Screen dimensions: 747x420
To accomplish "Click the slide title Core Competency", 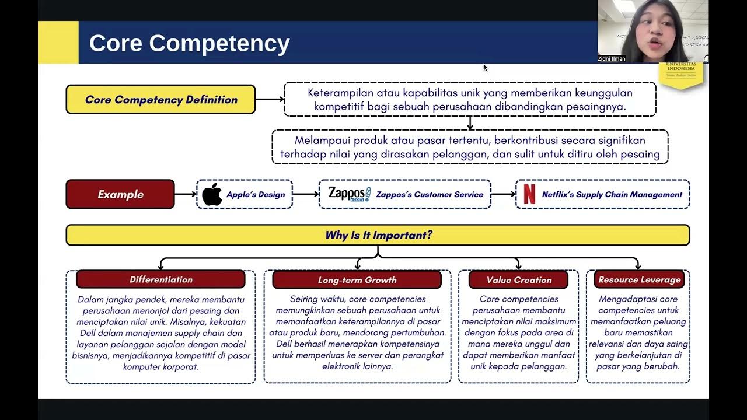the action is (189, 44).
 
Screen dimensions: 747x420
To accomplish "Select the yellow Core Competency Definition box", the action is (160, 99).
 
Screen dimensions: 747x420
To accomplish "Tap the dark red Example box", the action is (120, 194).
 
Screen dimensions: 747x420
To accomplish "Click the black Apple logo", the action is (212, 194).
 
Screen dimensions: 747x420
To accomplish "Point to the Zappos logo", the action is (349, 194).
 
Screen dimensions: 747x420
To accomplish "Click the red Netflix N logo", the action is (529, 194).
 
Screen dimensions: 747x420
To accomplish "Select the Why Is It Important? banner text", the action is (378, 235).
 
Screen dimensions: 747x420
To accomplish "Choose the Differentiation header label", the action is (160, 279).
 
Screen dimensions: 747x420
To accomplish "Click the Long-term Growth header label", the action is (357, 280).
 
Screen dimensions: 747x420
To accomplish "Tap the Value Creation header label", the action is (518, 280).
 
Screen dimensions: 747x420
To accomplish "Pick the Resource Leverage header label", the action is (639, 280).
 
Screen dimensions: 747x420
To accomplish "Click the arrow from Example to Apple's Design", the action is (186, 194).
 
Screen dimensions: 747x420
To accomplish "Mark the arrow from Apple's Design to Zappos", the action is (305, 194).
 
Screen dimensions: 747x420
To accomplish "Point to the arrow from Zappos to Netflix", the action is (502, 194).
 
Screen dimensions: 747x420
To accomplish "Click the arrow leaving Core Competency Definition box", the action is (270, 99).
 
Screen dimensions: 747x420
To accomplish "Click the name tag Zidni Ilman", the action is (612, 59).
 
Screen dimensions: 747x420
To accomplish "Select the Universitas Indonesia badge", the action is (680, 73).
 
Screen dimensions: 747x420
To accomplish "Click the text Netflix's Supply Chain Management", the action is (612, 195).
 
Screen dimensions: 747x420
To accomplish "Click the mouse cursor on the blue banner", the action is (485, 68).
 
